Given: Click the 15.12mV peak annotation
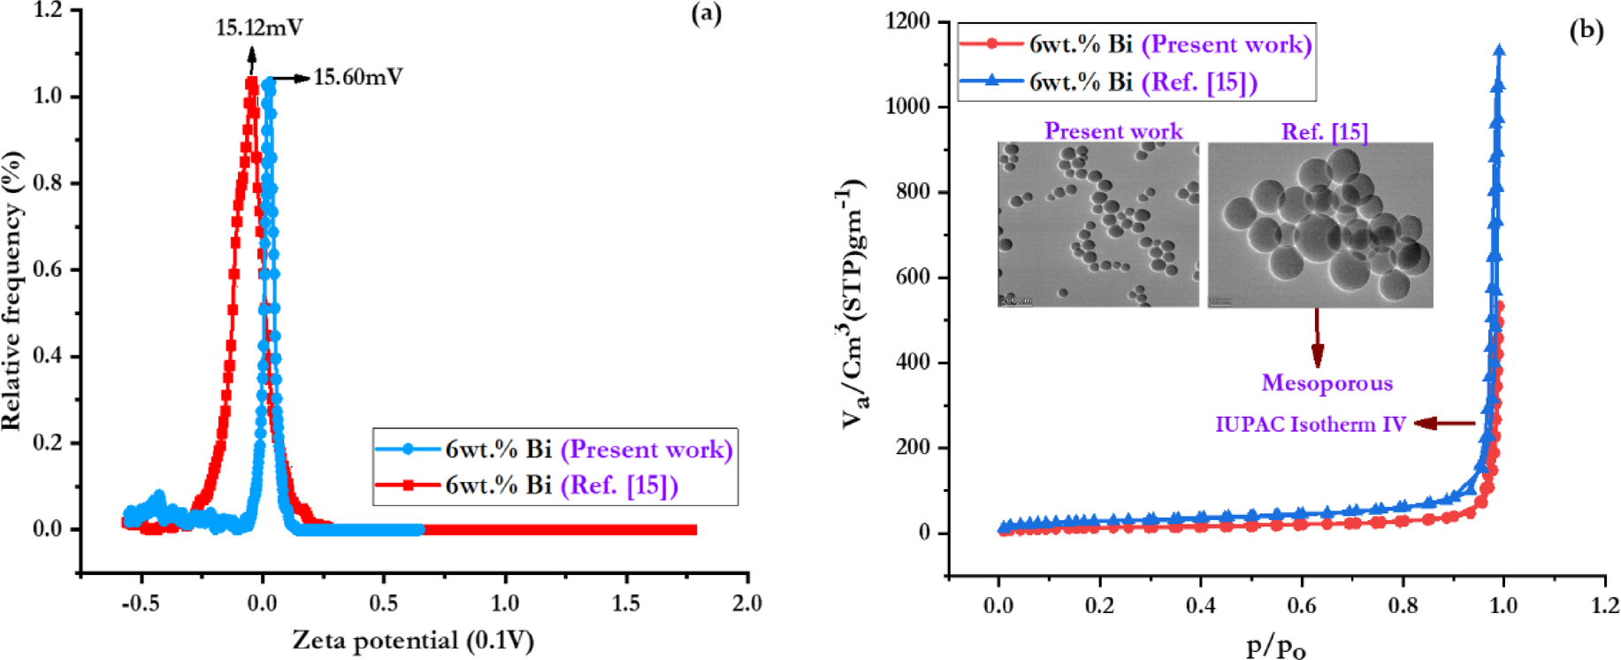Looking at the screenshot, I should (259, 28).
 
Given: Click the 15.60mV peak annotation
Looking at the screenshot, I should (358, 78).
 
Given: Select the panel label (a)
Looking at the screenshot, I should (706, 14).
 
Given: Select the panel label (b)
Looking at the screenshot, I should (1586, 31).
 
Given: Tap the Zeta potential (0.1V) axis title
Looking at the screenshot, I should (413, 640).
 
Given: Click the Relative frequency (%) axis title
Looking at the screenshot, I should (12, 291).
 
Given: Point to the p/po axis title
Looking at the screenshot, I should (1275, 646).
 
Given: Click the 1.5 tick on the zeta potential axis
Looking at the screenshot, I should (626, 603).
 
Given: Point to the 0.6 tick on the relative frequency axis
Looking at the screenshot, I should (49, 270).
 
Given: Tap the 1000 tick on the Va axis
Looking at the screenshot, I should (907, 106).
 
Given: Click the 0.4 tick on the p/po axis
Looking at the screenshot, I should (1200, 605).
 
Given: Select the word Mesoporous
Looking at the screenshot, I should (1327, 383).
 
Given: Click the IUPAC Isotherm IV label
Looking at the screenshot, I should (1310, 425).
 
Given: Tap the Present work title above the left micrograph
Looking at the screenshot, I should (1113, 131).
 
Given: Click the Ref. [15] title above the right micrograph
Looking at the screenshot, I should (1324, 132).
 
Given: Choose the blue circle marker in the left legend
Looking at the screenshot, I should (408, 449).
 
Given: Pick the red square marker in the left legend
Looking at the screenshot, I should (408, 485).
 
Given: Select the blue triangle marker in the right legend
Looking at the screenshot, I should (991, 81).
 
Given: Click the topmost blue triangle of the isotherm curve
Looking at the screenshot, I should (1499, 51).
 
